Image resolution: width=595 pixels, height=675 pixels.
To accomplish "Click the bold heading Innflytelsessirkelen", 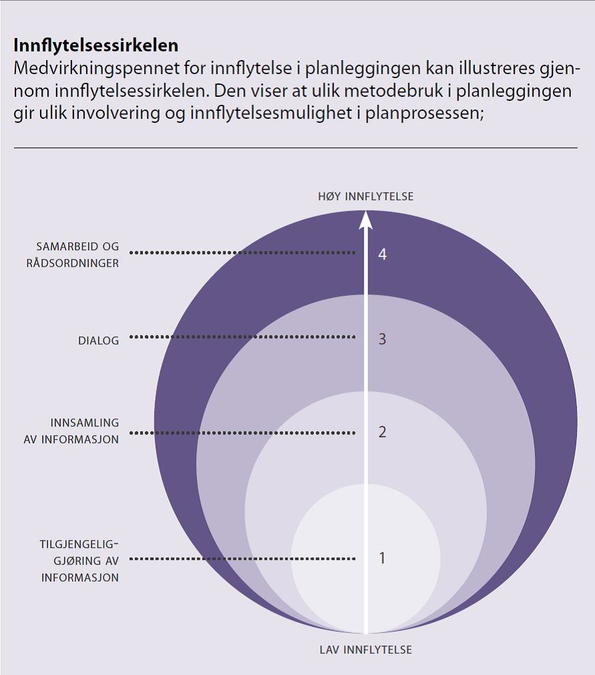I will tap(96, 45).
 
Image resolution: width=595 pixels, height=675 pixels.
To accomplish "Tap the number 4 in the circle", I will tap(382, 254).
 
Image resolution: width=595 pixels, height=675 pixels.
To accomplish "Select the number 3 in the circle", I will tap(382, 339).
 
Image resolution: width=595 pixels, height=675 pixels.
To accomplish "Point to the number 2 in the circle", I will tap(382, 432).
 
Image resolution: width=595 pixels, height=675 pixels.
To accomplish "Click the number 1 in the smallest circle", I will tap(382, 558).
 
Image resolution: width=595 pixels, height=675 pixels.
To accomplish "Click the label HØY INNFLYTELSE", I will tap(366, 196).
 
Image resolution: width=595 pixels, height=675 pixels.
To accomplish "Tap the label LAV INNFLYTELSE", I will tap(366, 650).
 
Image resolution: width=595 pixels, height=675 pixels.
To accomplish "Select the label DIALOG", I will tap(98, 341).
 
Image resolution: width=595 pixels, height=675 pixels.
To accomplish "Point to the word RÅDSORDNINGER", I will tap(73, 263).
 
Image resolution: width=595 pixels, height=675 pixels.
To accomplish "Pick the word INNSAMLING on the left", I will tap(85, 423).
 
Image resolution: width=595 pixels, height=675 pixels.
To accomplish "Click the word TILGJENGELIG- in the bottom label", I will tap(79, 544).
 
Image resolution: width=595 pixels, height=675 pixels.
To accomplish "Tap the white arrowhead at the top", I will tap(366, 220).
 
